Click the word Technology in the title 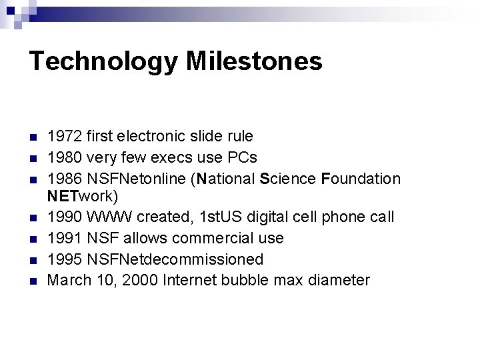pyautogui.click(x=103, y=61)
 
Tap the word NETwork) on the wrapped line pyautogui.click(x=83, y=197)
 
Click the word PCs pyautogui.click(x=243, y=157)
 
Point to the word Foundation pyautogui.click(x=361, y=179)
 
